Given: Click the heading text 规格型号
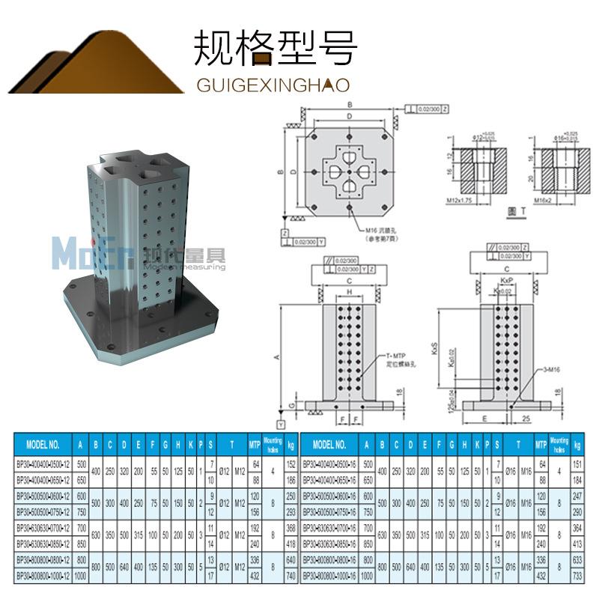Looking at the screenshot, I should [x=275, y=48].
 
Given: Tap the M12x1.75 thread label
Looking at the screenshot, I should [x=460, y=201].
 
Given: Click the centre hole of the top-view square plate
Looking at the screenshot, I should [x=349, y=172].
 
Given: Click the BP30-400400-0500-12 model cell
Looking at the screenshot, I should [x=43, y=463].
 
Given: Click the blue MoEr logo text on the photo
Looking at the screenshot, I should [x=73, y=252].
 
